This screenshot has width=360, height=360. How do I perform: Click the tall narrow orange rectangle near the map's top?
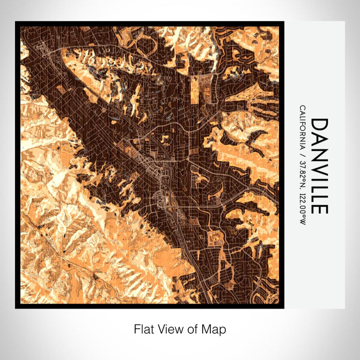pyautogui.click(x=195, y=89)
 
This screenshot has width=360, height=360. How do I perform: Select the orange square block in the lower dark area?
pyautogui.click(x=214, y=238)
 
